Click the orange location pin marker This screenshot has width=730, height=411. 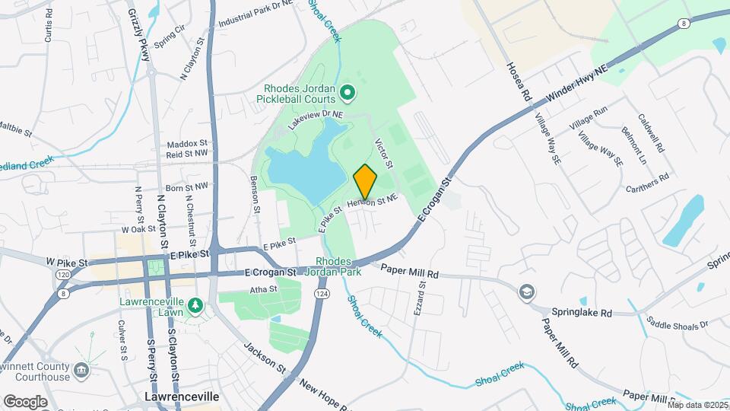(365, 181)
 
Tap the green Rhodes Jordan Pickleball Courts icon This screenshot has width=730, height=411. (348, 94)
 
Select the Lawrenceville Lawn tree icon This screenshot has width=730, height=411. (195, 305)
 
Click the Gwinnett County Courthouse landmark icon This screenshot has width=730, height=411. (82, 371)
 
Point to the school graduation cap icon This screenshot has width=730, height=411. (526, 292)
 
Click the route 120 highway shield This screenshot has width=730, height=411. (61, 274)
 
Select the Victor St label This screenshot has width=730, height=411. (384, 155)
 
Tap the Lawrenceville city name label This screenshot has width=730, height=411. (181, 397)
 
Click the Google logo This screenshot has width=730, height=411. (25, 401)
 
